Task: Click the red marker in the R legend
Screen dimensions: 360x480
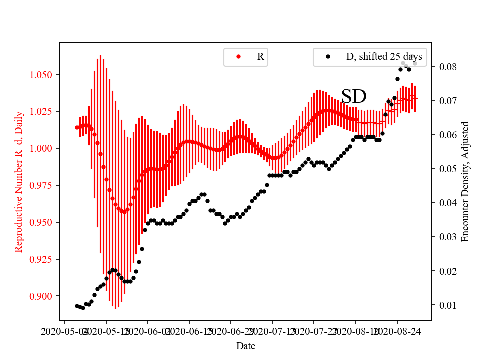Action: pos(238,57)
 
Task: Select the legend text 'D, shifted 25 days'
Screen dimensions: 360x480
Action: pos(384,57)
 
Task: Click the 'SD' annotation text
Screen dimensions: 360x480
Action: pos(354,97)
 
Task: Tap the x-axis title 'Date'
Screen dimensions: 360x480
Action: pos(246,346)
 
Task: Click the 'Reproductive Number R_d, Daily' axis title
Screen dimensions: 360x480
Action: pos(19,181)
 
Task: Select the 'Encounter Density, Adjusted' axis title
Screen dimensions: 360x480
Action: pos(465,181)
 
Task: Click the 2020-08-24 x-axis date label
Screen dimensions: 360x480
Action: pos(398,331)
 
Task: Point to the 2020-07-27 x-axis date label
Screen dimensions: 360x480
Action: pos(314,331)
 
